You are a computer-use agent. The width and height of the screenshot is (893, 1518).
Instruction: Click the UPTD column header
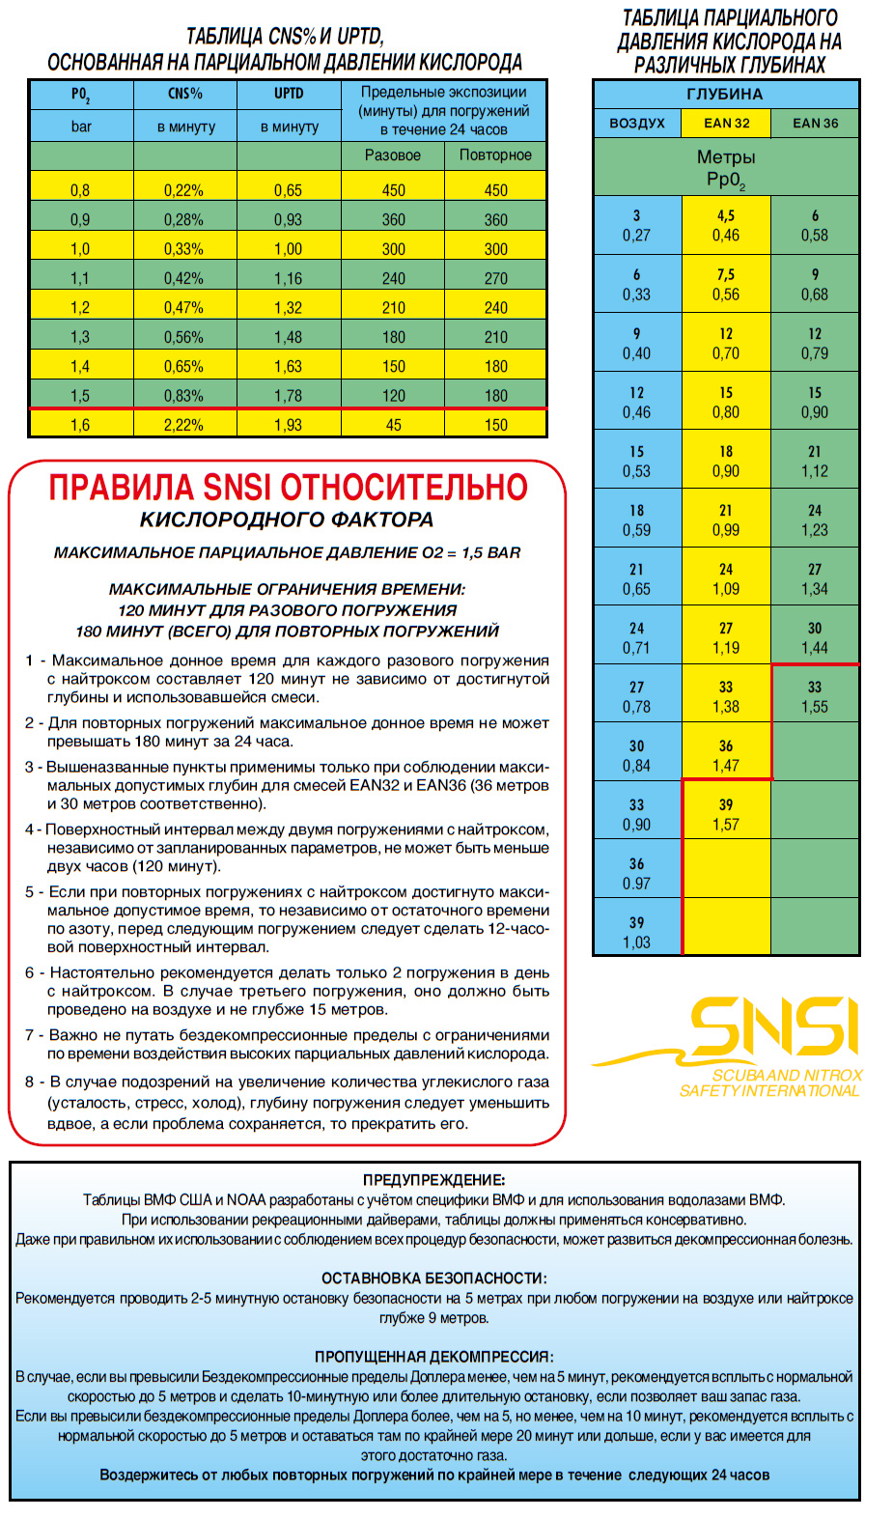pyautogui.click(x=289, y=94)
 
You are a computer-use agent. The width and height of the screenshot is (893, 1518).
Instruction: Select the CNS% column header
pyautogui.click(x=184, y=94)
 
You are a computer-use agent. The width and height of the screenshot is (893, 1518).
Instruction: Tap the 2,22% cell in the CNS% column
pyautogui.click(x=183, y=425)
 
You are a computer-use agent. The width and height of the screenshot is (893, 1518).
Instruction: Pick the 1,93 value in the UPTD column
pyautogui.click(x=288, y=425)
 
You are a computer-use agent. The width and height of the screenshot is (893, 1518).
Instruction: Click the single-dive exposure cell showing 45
pyautogui.click(x=393, y=425)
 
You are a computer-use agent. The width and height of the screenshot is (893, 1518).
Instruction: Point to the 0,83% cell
pyautogui.click(x=183, y=396)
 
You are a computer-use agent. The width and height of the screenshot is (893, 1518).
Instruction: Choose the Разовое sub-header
pyautogui.click(x=393, y=155)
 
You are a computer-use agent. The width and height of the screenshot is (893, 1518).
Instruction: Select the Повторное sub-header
pyautogui.click(x=495, y=155)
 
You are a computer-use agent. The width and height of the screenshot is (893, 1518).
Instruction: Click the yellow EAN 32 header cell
pyautogui.click(x=726, y=123)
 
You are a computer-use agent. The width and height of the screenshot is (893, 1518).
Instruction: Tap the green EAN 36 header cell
pyautogui.click(x=815, y=123)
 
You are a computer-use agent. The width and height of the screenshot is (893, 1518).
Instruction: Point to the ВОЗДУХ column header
pyautogui.click(x=637, y=123)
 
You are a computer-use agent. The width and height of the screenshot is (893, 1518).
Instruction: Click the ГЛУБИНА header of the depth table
pyautogui.click(x=725, y=95)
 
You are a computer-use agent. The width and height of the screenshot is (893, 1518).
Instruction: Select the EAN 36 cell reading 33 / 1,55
pyautogui.click(x=815, y=697)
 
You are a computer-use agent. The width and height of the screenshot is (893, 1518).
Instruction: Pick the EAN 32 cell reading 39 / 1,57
pyautogui.click(x=726, y=815)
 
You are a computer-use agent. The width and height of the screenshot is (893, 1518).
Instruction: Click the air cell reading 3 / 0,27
pyautogui.click(x=636, y=226)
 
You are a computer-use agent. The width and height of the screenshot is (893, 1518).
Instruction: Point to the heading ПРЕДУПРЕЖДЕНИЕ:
pyautogui.click(x=433, y=1180)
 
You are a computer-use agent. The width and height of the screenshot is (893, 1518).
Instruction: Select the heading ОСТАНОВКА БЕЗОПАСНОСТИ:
pyautogui.click(x=433, y=1279)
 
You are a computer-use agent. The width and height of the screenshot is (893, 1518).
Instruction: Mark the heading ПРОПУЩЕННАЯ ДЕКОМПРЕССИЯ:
pyautogui.click(x=433, y=1357)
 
